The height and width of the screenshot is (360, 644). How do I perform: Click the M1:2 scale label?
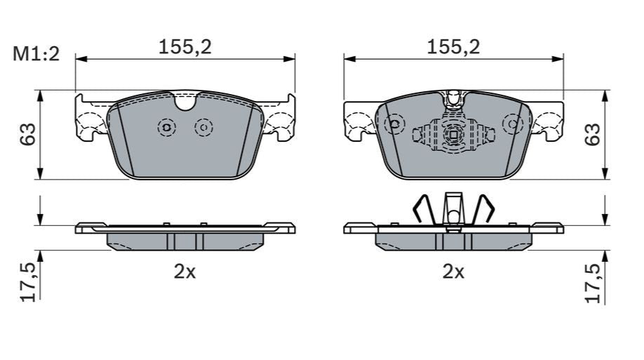(x=35, y=54)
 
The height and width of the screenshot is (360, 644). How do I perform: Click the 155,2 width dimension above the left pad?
(x=185, y=47)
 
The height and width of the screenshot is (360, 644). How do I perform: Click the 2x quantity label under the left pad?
(x=185, y=272)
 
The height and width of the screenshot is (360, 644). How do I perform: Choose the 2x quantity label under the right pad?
(x=453, y=272)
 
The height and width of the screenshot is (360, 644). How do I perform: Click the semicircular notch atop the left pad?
(x=185, y=102)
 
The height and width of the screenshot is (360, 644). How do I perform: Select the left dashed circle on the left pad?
(x=166, y=127)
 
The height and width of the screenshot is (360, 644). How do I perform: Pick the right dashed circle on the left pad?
(x=203, y=127)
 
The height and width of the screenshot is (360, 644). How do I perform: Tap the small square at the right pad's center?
(x=453, y=135)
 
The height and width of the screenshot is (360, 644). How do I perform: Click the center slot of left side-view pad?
(x=185, y=241)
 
